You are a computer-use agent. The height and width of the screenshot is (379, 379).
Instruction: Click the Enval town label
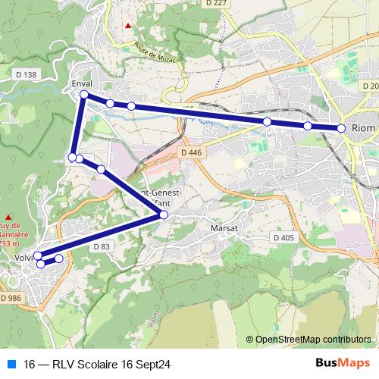(81, 83)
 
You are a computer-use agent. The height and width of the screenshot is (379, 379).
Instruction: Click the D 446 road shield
(193, 152)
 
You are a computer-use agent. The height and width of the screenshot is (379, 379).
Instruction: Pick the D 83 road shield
(102, 246)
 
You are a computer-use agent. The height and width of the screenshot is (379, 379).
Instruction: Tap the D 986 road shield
(11, 299)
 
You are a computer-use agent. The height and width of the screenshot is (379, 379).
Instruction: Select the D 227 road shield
(215, 4)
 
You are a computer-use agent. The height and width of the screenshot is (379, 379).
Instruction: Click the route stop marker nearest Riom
(341, 129)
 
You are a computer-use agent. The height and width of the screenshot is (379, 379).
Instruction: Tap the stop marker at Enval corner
(84, 94)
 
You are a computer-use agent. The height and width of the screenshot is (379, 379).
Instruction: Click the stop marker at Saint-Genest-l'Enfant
(163, 216)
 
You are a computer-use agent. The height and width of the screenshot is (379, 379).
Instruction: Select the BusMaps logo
(343, 363)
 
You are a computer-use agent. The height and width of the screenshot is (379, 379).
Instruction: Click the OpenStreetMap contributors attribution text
(313, 340)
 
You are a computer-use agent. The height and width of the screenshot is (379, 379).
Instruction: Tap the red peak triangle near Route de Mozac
(128, 26)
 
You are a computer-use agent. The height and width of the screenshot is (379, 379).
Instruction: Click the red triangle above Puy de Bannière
(7, 215)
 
